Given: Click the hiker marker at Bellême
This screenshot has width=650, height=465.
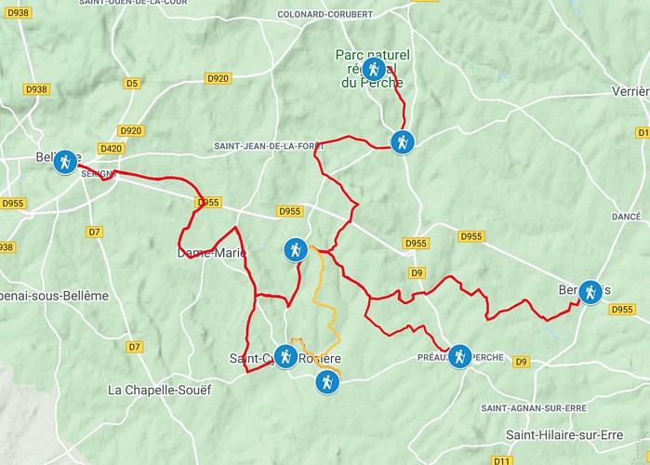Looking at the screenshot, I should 64,162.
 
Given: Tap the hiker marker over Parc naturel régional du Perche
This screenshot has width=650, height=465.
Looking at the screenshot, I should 373,69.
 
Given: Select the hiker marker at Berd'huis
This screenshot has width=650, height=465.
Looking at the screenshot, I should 590,292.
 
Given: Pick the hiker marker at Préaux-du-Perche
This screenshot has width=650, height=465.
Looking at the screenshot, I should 459,356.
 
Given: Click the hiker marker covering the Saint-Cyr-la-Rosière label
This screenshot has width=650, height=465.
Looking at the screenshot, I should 285,356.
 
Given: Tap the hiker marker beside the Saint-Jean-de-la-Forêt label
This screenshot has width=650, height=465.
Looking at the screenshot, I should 401,142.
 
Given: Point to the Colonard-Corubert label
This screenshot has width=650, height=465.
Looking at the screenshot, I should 325,14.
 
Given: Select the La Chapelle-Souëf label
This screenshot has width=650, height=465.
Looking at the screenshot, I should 160,390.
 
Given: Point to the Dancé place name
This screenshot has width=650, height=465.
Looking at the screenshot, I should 626,216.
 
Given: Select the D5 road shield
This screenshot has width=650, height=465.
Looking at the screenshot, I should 131,84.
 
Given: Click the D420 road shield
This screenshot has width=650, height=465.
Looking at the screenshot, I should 111,148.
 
